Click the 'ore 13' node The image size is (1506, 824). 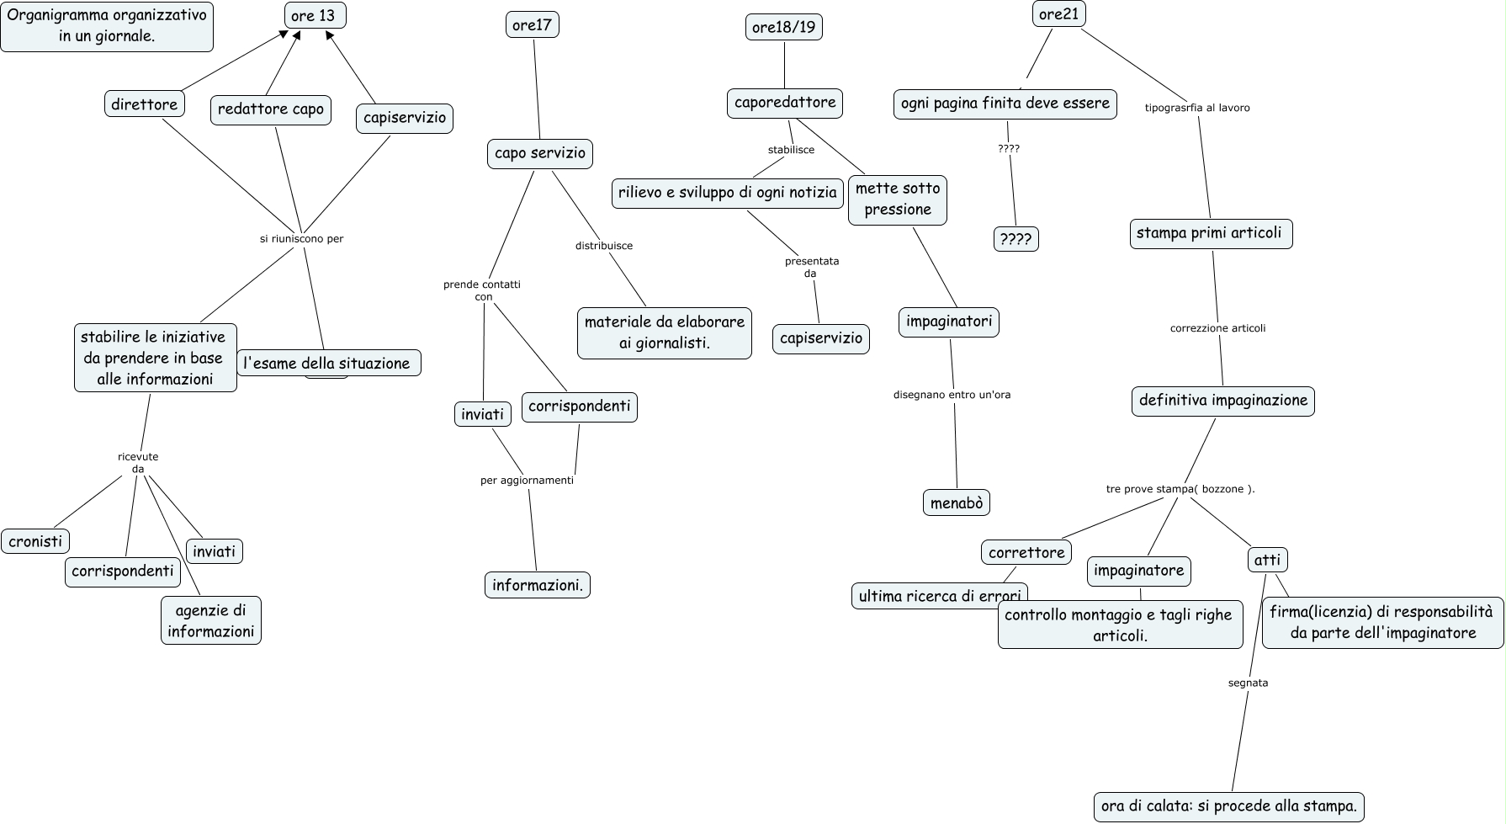click(313, 15)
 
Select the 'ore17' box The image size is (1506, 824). click(533, 25)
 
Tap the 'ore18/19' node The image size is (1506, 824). click(783, 27)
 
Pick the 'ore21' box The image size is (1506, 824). click(1058, 14)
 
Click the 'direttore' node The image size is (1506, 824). click(145, 104)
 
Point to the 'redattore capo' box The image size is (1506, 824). click(271, 109)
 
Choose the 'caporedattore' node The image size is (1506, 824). click(785, 103)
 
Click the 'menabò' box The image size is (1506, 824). click(957, 503)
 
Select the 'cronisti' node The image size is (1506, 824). click(35, 541)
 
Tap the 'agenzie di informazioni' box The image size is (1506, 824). click(211, 621)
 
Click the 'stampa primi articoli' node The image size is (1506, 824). click(1209, 233)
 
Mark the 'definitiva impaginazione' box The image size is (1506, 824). click(1222, 401)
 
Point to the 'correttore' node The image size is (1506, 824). click(1026, 552)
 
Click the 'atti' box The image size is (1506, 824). click(1267, 560)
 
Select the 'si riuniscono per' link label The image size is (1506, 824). click(302, 239)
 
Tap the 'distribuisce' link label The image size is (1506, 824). click(604, 246)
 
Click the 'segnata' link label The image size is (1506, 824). click(1248, 683)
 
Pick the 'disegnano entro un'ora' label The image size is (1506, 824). click(952, 395)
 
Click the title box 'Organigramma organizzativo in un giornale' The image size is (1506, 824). click(107, 25)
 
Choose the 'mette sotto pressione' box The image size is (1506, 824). click(898, 199)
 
